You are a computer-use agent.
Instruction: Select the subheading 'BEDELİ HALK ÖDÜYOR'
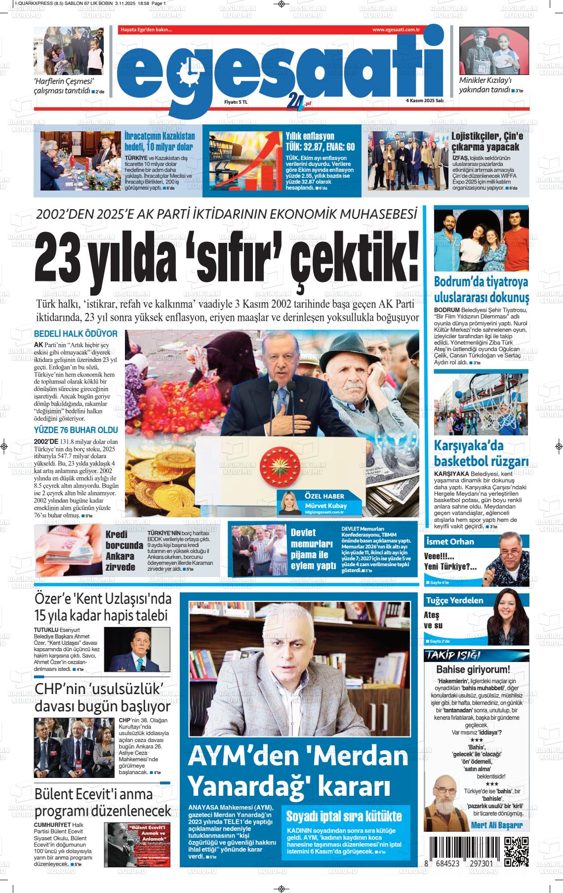click(76, 334)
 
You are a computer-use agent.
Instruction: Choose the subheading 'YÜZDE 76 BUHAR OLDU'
click(76, 430)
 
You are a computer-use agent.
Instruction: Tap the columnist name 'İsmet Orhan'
click(450, 542)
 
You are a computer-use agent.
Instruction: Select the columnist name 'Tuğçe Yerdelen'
click(454, 600)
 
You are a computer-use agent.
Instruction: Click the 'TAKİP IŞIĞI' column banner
click(447, 655)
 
